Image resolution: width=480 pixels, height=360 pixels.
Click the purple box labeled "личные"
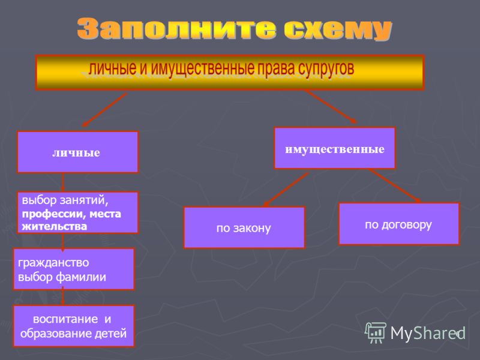pos(78,152)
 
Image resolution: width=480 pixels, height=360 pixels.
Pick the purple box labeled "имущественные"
pos(335,148)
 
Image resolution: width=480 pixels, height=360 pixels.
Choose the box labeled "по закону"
pos(244,227)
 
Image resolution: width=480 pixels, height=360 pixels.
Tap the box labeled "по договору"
pos(399,224)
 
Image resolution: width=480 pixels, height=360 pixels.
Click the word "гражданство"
pos(53,263)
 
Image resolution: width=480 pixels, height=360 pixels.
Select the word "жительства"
pos(55,227)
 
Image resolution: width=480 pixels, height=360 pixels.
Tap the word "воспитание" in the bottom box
pos(65,319)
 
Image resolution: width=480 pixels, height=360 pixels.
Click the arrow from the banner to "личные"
pos(104,110)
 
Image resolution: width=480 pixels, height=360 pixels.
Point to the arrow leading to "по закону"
pos(286,190)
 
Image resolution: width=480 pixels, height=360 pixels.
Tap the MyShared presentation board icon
pos(376,332)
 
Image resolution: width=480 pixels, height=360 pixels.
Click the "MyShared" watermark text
pos(428,333)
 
